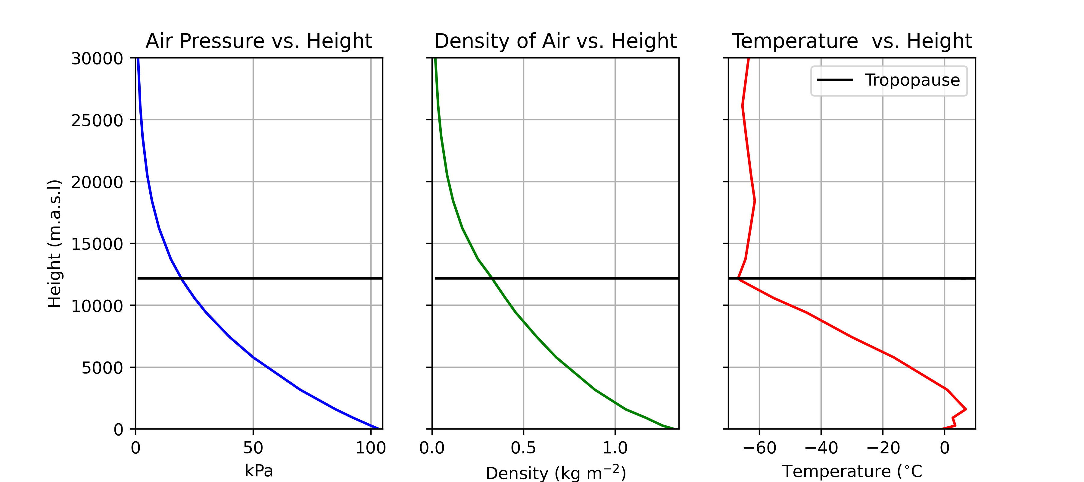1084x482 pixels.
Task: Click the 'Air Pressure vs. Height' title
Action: pyautogui.click(x=258, y=41)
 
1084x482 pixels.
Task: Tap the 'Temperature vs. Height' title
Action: pyautogui.click(x=852, y=41)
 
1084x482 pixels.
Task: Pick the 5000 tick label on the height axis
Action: pyautogui.click(x=102, y=368)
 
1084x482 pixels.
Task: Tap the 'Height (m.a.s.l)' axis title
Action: pyautogui.click(x=55, y=244)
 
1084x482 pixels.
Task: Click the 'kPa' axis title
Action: pyautogui.click(x=258, y=471)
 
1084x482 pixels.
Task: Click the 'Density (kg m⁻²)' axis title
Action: pyautogui.click(x=556, y=472)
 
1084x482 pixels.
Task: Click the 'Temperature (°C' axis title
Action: pyautogui.click(x=852, y=471)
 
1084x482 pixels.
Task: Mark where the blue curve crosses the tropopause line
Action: pyautogui.click(x=181, y=278)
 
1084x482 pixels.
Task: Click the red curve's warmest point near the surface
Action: pyautogui.click(x=965, y=409)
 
